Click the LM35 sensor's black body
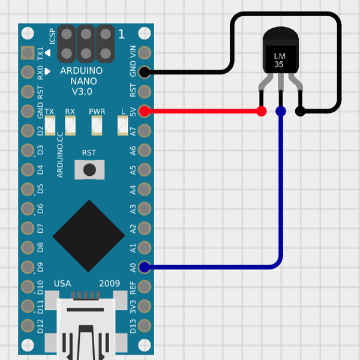click(x=280, y=56)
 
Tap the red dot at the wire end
click(x=261, y=111)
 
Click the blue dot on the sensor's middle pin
click(x=280, y=111)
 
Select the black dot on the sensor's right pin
click(x=300, y=111)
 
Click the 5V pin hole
click(x=144, y=111)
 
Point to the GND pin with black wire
click(x=144, y=72)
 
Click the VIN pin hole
click(x=144, y=53)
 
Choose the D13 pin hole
click(x=144, y=325)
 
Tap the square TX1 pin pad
click(x=27, y=53)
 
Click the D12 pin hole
click(x=27, y=325)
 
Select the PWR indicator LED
click(x=97, y=125)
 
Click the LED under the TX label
click(x=49, y=125)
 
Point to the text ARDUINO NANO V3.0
click(x=81, y=81)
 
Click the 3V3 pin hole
click(x=144, y=305)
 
